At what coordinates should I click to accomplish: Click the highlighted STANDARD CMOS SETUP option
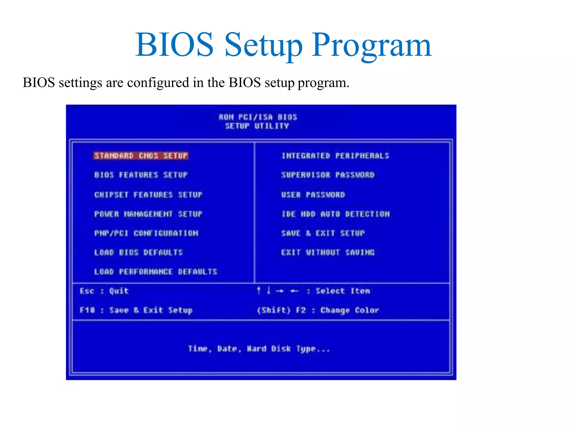point(141,156)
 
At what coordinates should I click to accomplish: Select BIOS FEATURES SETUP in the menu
point(141,175)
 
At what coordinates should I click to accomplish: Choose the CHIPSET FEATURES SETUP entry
point(148,195)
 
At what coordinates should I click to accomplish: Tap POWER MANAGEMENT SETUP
point(148,214)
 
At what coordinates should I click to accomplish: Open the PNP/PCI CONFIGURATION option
point(146,233)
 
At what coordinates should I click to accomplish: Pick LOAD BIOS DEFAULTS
point(138,253)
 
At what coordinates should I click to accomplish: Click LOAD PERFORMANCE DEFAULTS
point(156,272)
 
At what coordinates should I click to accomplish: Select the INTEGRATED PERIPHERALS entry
point(335,156)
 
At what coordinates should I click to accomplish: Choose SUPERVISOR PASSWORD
point(328,175)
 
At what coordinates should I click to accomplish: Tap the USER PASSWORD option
point(313,195)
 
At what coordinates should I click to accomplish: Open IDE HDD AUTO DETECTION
point(335,214)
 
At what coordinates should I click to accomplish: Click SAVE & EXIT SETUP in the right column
point(323,233)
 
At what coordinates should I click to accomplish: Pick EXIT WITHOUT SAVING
point(328,253)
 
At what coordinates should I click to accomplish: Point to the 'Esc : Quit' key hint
point(104,291)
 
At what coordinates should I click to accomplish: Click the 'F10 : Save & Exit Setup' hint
point(136,310)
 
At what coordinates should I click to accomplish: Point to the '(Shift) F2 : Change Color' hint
point(318,310)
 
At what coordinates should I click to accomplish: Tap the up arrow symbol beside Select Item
point(259,291)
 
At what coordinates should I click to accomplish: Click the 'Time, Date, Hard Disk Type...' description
point(259,349)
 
